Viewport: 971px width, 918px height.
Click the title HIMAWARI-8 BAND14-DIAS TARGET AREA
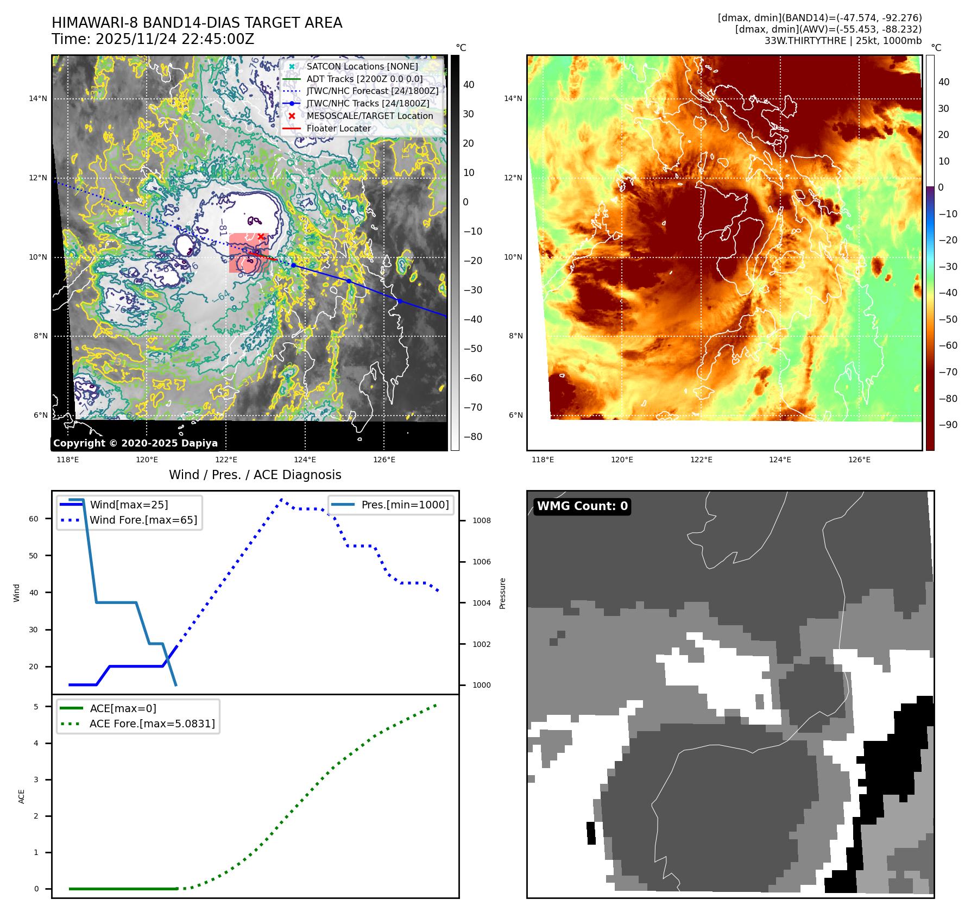(x=197, y=23)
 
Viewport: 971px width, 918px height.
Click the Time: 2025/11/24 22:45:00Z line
(x=153, y=39)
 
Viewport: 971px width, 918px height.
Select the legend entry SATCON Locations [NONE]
(x=362, y=66)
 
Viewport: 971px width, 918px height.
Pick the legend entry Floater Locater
(x=338, y=129)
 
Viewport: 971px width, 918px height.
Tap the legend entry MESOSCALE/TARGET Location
(x=369, y=116)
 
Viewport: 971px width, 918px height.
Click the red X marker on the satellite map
(x=261, y=236)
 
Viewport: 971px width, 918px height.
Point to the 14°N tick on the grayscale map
(x=38, y=99)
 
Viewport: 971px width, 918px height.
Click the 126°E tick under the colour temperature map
(x=859, y=460)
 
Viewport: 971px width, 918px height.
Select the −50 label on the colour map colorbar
(x=948, y=319)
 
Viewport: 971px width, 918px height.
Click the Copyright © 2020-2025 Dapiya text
(x=135, y=443)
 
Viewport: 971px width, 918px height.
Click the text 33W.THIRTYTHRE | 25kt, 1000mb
(x=843, y=41)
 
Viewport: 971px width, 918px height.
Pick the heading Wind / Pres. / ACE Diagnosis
(x=255, y=475)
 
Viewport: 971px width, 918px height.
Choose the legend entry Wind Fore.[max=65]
(x=143, y=520)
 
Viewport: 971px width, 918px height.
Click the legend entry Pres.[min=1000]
(x=405, y=505)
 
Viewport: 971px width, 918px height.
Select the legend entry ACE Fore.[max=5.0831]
(x=152, y=724)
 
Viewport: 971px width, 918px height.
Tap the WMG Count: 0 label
(x=582, y=506)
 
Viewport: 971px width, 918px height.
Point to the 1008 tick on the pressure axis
(x=481, y=520)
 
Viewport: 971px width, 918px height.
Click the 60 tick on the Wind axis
(x=34, y=519)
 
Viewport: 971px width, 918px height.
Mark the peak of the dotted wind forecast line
(x=281, y=499)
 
